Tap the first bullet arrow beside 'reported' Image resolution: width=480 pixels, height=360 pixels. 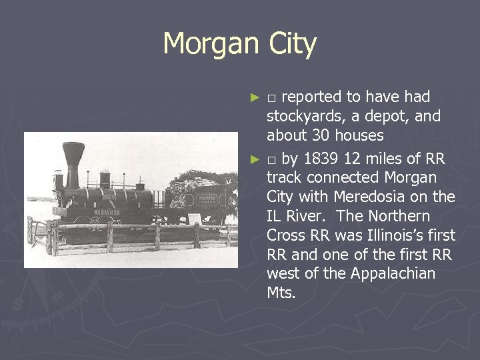point(254,97)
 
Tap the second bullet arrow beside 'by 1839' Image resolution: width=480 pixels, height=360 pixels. point(254,159)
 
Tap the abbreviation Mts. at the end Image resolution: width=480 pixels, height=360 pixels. point(281,293)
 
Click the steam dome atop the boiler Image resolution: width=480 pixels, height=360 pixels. point(105,178)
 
